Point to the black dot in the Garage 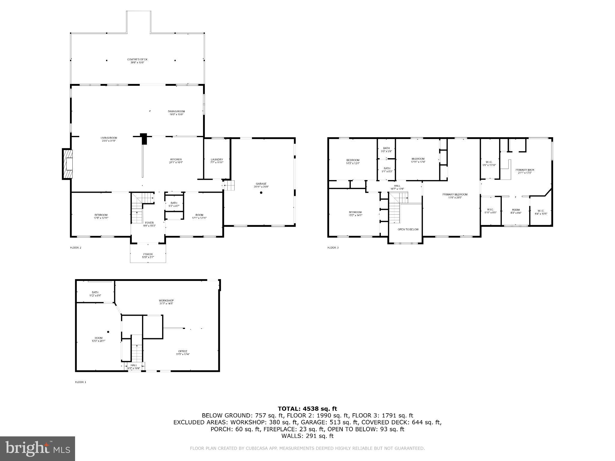click(261, 193)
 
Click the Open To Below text click(408, 229)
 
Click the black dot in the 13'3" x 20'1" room click(108, 332)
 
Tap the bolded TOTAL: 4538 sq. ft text click(307, 408)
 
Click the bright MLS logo click(38, 449)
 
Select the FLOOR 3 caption click(333, 248)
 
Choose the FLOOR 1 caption click(80, 382)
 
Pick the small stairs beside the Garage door click(229, 185)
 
